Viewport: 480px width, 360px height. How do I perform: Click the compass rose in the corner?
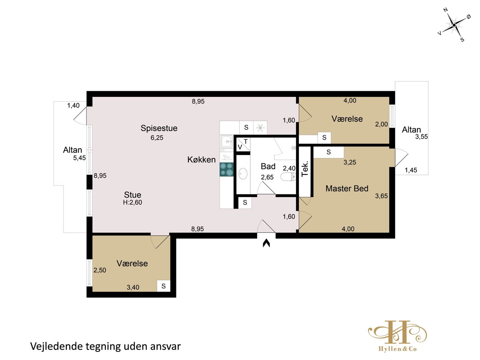[454, 25]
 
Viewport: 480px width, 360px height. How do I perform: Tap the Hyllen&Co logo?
[397, 336]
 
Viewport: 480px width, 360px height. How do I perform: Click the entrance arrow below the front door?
[266, 243]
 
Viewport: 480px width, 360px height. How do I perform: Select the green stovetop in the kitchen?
[226, 169]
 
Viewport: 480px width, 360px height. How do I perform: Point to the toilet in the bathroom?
[288, 177]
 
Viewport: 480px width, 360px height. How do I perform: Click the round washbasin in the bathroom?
[243, 174]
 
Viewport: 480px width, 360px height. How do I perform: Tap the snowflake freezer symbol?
[260, 128]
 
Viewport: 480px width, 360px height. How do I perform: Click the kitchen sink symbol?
[226, 142]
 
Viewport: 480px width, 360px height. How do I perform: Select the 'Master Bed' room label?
[347, 188]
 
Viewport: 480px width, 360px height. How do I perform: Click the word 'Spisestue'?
[159, 128]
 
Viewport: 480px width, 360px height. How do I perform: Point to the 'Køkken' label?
[202, 160]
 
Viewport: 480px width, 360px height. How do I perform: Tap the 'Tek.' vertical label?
[305, 168]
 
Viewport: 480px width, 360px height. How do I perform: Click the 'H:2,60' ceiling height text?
[132, 202]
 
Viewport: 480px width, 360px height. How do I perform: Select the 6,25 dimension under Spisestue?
[157, 138]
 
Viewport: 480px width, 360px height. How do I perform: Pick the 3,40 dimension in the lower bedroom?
[133, 287]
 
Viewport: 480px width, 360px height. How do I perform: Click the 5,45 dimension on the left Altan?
[79, 158]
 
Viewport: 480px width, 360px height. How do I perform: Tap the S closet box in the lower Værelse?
[164, 286]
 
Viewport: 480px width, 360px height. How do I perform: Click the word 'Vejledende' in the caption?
[57, 346]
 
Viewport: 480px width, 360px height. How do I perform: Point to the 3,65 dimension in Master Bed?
[381, 196]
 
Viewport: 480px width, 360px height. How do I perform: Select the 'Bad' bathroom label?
[268, 166]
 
